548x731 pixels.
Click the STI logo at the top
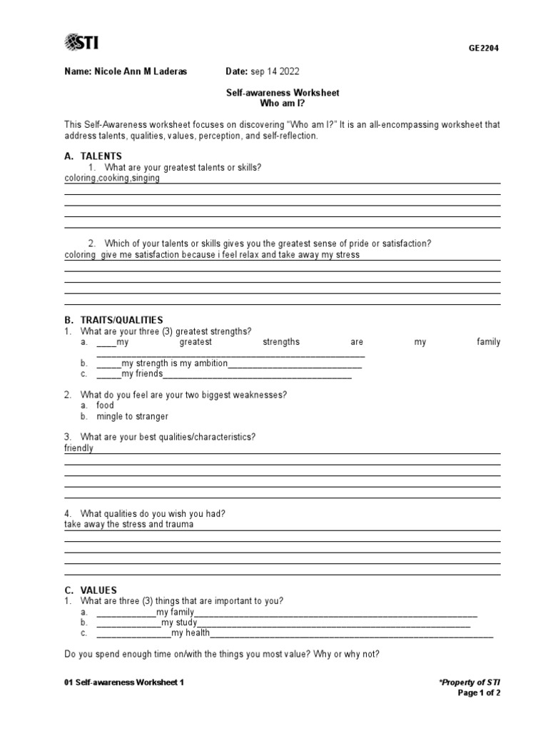[x=81, y=43]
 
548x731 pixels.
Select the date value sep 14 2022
[x=275, y=71]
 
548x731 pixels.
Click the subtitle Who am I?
[x=284, y=104]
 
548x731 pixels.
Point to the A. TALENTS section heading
[x=93, y=156]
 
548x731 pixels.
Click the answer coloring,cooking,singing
[x=112, y=178]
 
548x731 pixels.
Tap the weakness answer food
[x=105, y=405]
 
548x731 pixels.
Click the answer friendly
[x=78, y=448]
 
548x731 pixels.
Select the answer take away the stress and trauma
[x=128, y=524]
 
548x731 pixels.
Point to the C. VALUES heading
[x=91, y=590]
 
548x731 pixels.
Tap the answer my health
[x=191, y=633]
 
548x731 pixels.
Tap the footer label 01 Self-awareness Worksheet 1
[x=124, y=682]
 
